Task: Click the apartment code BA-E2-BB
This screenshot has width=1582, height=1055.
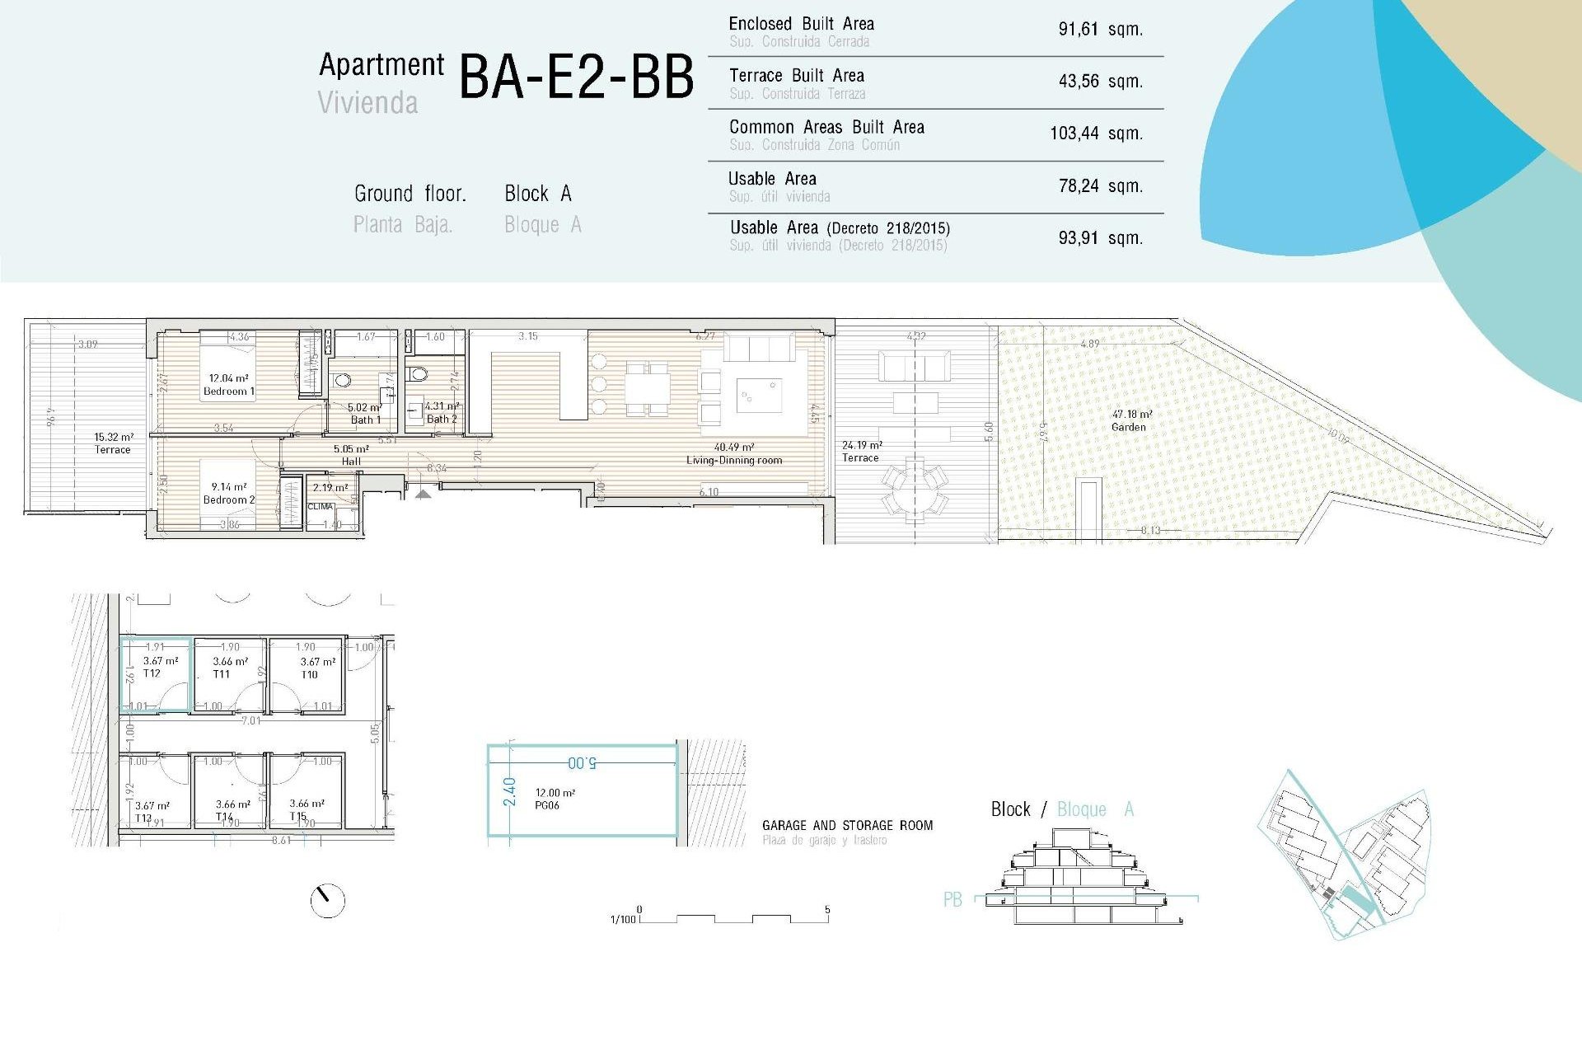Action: [x=576, y=78]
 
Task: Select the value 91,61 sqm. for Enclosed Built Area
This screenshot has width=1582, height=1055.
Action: [x=1100, y=30]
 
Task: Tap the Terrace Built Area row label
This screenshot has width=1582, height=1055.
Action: [x=796, y=76]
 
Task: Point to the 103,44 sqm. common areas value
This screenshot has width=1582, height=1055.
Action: [x=1096, y=134]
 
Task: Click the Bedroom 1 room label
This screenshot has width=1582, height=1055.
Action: [x=228, y=386]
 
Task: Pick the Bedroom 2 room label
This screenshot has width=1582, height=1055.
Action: [x=228, y=494]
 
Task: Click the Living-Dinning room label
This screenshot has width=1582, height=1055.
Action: [x=733, y=454]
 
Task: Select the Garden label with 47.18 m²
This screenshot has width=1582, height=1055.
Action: [x=1130, y=420]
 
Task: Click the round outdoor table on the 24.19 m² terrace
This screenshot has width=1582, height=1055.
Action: [x=915, y=489]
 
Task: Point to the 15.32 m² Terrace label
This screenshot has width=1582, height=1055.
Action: [x=113, y=443]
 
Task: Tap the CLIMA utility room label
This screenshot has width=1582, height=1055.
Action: [x=321, y=507]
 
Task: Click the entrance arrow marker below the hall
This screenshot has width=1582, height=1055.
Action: [x=423, y=494]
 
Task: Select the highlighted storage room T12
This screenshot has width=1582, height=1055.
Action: [x=157, y=674]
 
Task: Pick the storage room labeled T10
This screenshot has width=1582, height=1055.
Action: [x=310, y=674]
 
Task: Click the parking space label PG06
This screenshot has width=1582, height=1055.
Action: [x=547, y=805]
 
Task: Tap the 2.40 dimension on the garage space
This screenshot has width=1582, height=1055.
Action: [x=509, y=791]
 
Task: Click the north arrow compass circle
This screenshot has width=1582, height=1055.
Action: [x=327, y=901]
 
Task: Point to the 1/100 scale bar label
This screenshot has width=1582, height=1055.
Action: [x=623, y=919]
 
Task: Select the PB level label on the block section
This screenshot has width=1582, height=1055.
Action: [x=952, y=900]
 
